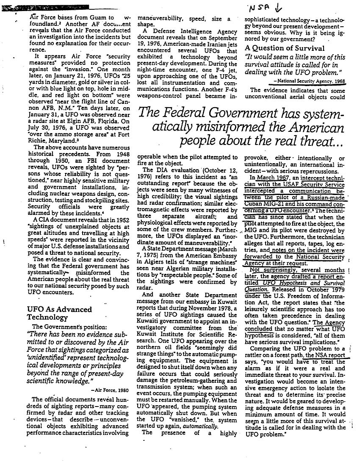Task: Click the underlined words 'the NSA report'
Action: tap(331, 355)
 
